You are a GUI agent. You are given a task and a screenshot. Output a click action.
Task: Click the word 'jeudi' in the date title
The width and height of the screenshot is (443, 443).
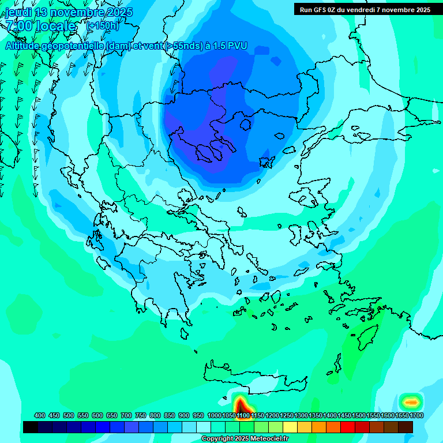click(x=19, y=12)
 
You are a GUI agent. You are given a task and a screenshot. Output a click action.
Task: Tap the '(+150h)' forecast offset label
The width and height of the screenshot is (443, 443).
click(x=102, y=25)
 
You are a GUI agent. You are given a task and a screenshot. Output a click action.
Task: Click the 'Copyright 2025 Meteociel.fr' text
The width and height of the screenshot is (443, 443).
click(x=245, y=439)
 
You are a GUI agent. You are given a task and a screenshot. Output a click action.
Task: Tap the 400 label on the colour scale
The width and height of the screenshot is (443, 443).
click(x=40, y=415)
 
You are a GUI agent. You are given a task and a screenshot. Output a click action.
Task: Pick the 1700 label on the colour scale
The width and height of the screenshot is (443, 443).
click(x=416, y=415)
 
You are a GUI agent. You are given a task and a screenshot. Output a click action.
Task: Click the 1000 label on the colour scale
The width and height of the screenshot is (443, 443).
click(x=215, y=415)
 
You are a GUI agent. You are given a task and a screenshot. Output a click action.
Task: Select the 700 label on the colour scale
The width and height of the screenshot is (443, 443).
click(x=126, y=415)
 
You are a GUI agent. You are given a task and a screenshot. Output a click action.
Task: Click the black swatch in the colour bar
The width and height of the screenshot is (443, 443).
click(x=31, y=427)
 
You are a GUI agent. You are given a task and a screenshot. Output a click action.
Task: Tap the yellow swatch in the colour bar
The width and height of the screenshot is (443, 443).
click(x=290, y=427)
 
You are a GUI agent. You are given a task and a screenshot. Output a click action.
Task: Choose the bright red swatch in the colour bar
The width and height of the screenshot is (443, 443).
click(x=348, y=427)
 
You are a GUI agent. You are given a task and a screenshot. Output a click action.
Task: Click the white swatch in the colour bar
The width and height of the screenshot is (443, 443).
click(x=204, y=427)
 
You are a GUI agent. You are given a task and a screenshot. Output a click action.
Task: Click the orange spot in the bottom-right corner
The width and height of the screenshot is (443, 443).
click(x=411, y=401)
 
